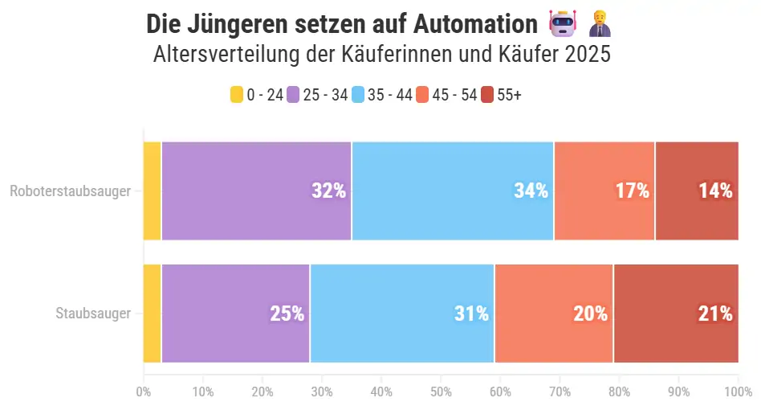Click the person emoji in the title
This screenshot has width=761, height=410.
click(599, 24)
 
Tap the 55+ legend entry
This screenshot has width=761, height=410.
click(502, 95)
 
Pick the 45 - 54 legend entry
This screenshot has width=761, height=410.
click(446, 95)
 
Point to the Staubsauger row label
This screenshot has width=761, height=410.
click(93, 314)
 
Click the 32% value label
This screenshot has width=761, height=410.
click(328, 191)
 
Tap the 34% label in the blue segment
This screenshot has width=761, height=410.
click(531, 191)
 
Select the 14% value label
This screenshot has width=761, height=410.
click(714, 191)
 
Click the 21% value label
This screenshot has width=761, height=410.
click(714, 314)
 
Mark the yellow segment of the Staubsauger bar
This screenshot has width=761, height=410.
click(153, 314)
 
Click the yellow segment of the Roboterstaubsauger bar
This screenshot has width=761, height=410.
click(153, 191)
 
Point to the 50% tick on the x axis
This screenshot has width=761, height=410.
click(441, 392)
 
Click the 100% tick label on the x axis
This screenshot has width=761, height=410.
click(736, 392)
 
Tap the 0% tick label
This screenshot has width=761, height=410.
click(144, 392)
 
